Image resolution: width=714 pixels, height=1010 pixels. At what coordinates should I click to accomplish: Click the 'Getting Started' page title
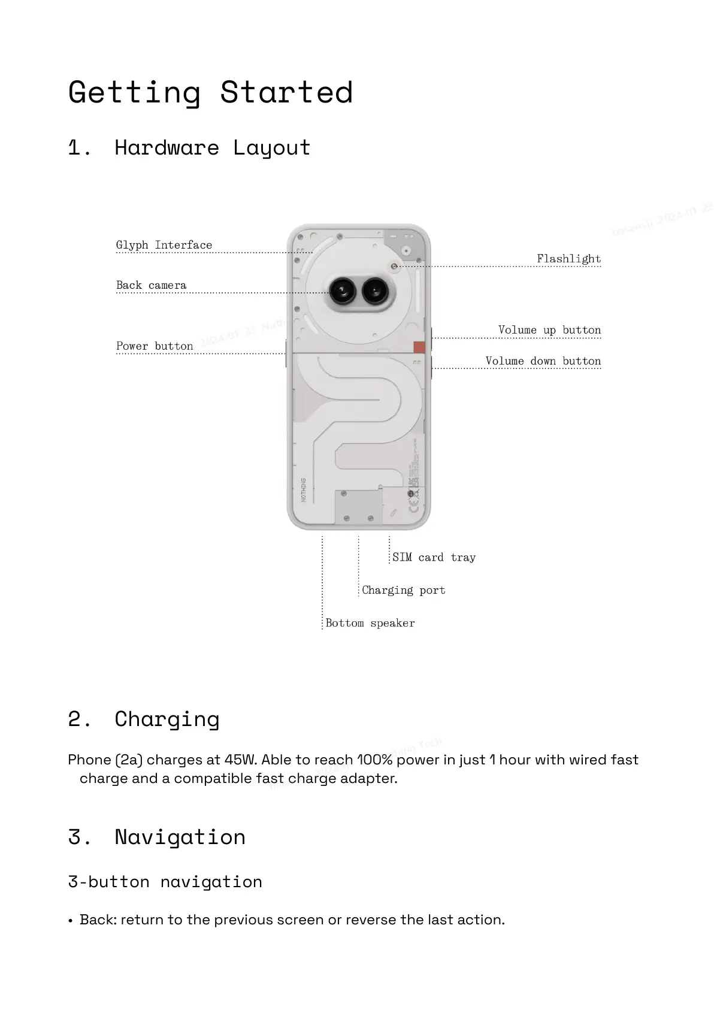click(x=210, y=93)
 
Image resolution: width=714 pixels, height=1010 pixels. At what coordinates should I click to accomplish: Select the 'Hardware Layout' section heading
click(x=212, y=147)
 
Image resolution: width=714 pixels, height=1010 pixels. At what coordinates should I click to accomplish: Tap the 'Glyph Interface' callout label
click(x=164, y=245)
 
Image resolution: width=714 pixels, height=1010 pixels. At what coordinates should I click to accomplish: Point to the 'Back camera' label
click(x=151, y=285)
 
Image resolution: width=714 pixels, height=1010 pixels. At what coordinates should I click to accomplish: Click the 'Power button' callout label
click(x=155, y=346)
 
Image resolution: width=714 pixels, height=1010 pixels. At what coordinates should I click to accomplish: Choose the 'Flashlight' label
click(x=568, y=259)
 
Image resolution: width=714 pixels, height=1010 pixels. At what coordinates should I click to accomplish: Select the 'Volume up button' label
click(x=549, y=330)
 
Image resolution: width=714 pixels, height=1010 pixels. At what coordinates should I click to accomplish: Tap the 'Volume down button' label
click(x=543, y=361)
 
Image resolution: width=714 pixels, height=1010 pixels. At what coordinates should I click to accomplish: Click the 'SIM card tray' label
click(x=434, y=558)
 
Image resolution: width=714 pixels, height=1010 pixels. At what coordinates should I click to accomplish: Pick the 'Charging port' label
click(x=404, y=591)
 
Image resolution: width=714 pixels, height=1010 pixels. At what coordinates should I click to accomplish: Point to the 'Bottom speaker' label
click(x=370, y=624)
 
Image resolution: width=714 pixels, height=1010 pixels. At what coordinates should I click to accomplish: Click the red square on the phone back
click(x=419, y=347)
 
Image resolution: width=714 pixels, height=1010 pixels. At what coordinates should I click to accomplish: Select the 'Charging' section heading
click(x=167, y=719)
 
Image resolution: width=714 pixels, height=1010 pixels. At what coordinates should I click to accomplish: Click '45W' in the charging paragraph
click(x=240, y=760)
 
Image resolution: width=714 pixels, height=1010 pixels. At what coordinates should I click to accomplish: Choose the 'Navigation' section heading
click(x=180, y=837)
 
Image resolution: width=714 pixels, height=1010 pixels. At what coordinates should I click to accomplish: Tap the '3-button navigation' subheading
click(x=165, y=882)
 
